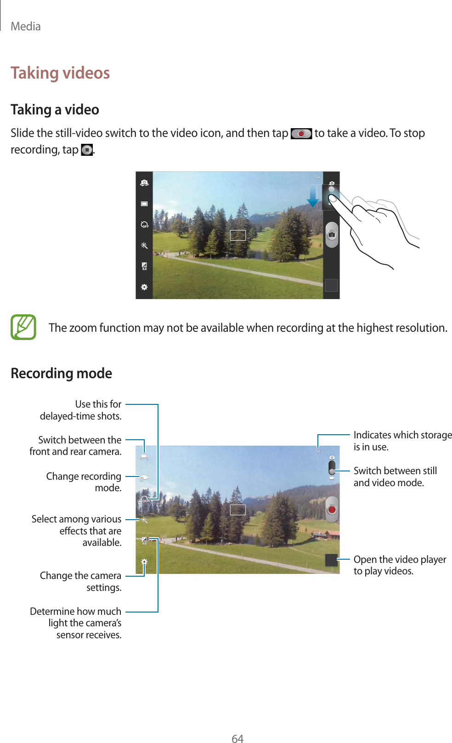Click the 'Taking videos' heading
pos(60,73)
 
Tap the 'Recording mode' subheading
pos(61,373)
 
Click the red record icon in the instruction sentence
pos(301,134)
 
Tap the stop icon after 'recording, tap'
pos(86,150)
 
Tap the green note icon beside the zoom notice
pos(23,327)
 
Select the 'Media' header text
pos(26,27)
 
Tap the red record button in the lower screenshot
pos(332,509)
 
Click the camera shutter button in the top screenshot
pos(332,234)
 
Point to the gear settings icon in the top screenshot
pos(144,287)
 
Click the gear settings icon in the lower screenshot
pos(144,562)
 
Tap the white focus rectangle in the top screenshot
pos(238,235)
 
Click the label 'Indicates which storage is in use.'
pos(402,441)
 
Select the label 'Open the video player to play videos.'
pos(399,565)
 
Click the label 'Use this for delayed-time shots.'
pos(81,410)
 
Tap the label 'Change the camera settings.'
pos(81,581)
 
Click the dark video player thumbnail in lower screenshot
pos(331,560)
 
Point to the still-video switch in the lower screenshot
pos(332,467)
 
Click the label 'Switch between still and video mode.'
pos(395,476)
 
